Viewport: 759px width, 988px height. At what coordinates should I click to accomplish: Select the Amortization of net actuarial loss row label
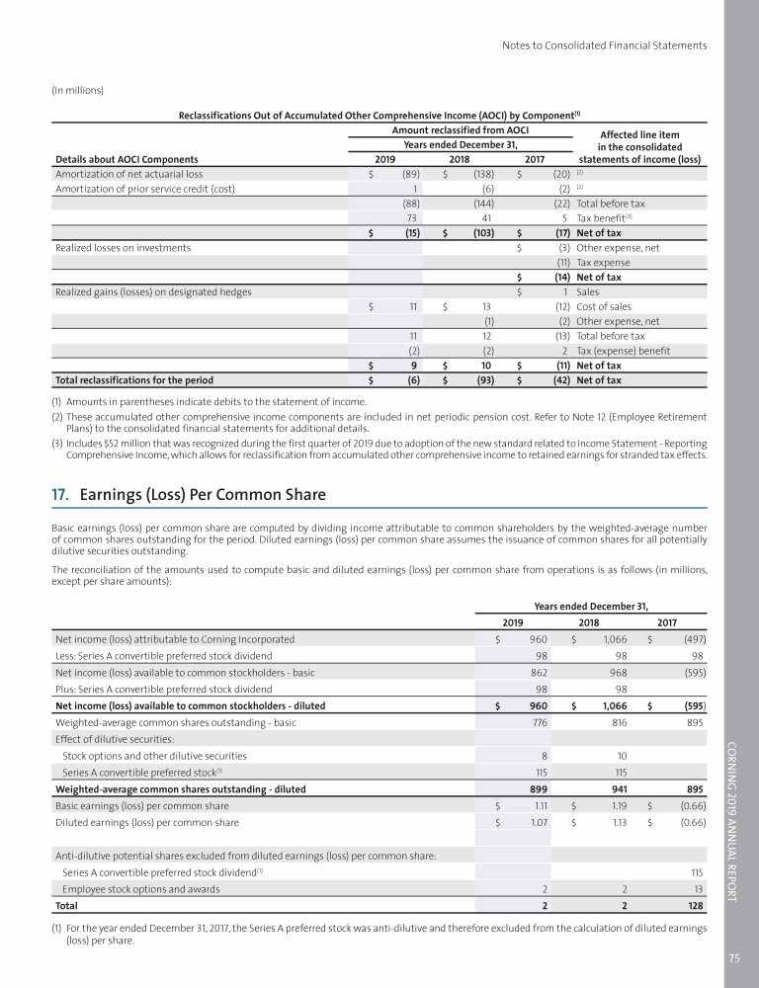[x=128, y=174]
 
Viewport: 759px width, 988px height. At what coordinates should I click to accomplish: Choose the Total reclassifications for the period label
[x=134, y=379]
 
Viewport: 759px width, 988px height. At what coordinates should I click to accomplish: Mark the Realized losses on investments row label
[x=124, y=248]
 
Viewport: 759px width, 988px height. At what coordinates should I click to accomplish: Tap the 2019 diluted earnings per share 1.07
[x=540, y=822]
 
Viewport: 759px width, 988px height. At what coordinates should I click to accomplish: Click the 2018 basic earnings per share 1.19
[x=619, y=806]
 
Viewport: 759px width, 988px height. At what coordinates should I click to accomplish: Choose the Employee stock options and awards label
[x=141, y=889]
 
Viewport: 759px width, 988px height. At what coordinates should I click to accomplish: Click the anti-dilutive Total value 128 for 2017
[x=696, y=905]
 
